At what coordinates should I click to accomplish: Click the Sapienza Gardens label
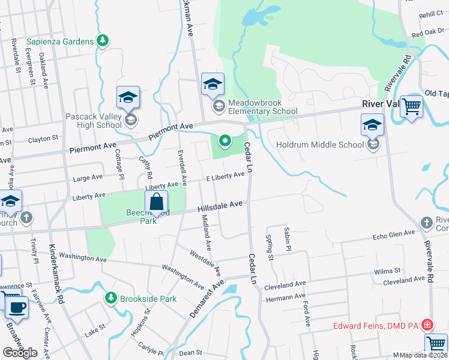click(x=61, y=41)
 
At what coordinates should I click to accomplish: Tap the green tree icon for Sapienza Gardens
click(x=103, y=40)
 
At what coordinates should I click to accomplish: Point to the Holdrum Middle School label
click(x=320, y=145)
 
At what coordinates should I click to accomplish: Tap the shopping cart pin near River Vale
click(x=412, y=107)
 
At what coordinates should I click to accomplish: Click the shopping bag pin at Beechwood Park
click(x=156, y=202)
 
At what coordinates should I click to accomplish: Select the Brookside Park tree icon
click(x=110, y=298)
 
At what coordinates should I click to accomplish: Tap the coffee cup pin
click(x=17, y=308)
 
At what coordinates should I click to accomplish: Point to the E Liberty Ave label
click(x=225, y=176)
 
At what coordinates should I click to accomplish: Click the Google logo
click(x=20, y=352)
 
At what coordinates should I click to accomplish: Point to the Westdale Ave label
click(x=205, y=262)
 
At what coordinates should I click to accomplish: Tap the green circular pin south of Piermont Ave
click(x=225, y=142)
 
